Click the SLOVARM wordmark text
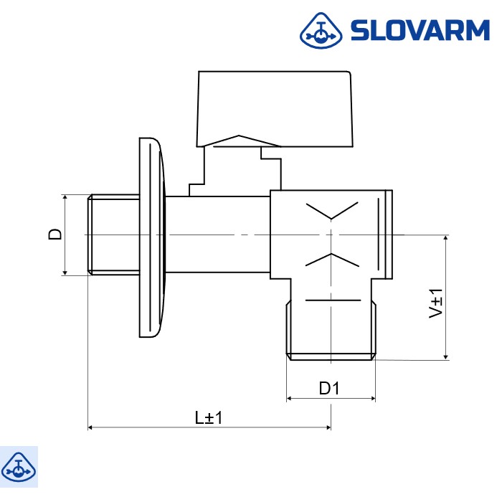(x=420, y=30)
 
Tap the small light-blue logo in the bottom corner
(x=19, y=466)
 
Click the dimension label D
(x=55, y=234)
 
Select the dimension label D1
(x=329, y=388)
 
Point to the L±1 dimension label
(x=209, y=417)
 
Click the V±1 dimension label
(x=435, y=303)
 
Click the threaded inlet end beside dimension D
(x=113, y=234)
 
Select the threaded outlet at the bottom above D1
(x=331, y=330)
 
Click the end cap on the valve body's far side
(x=389, y=234)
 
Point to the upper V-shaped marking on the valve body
(x=331, y=211)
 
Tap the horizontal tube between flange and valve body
(x=219, y=234)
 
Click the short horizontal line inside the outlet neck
(x=331, y=298)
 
